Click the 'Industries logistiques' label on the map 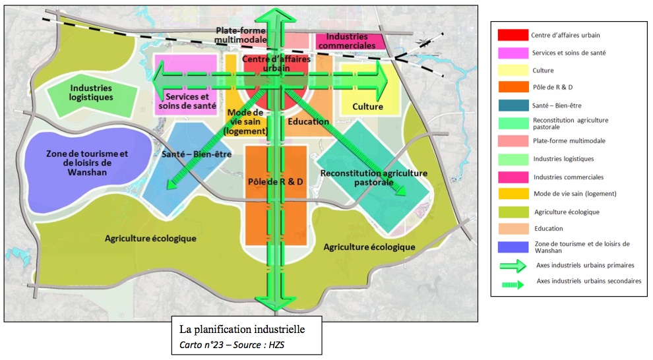tap(92, 92)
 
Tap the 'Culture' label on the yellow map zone tap(367, 106)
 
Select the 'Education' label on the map tap(308, 121)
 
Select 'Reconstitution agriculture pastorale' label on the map tap(374, 177)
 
